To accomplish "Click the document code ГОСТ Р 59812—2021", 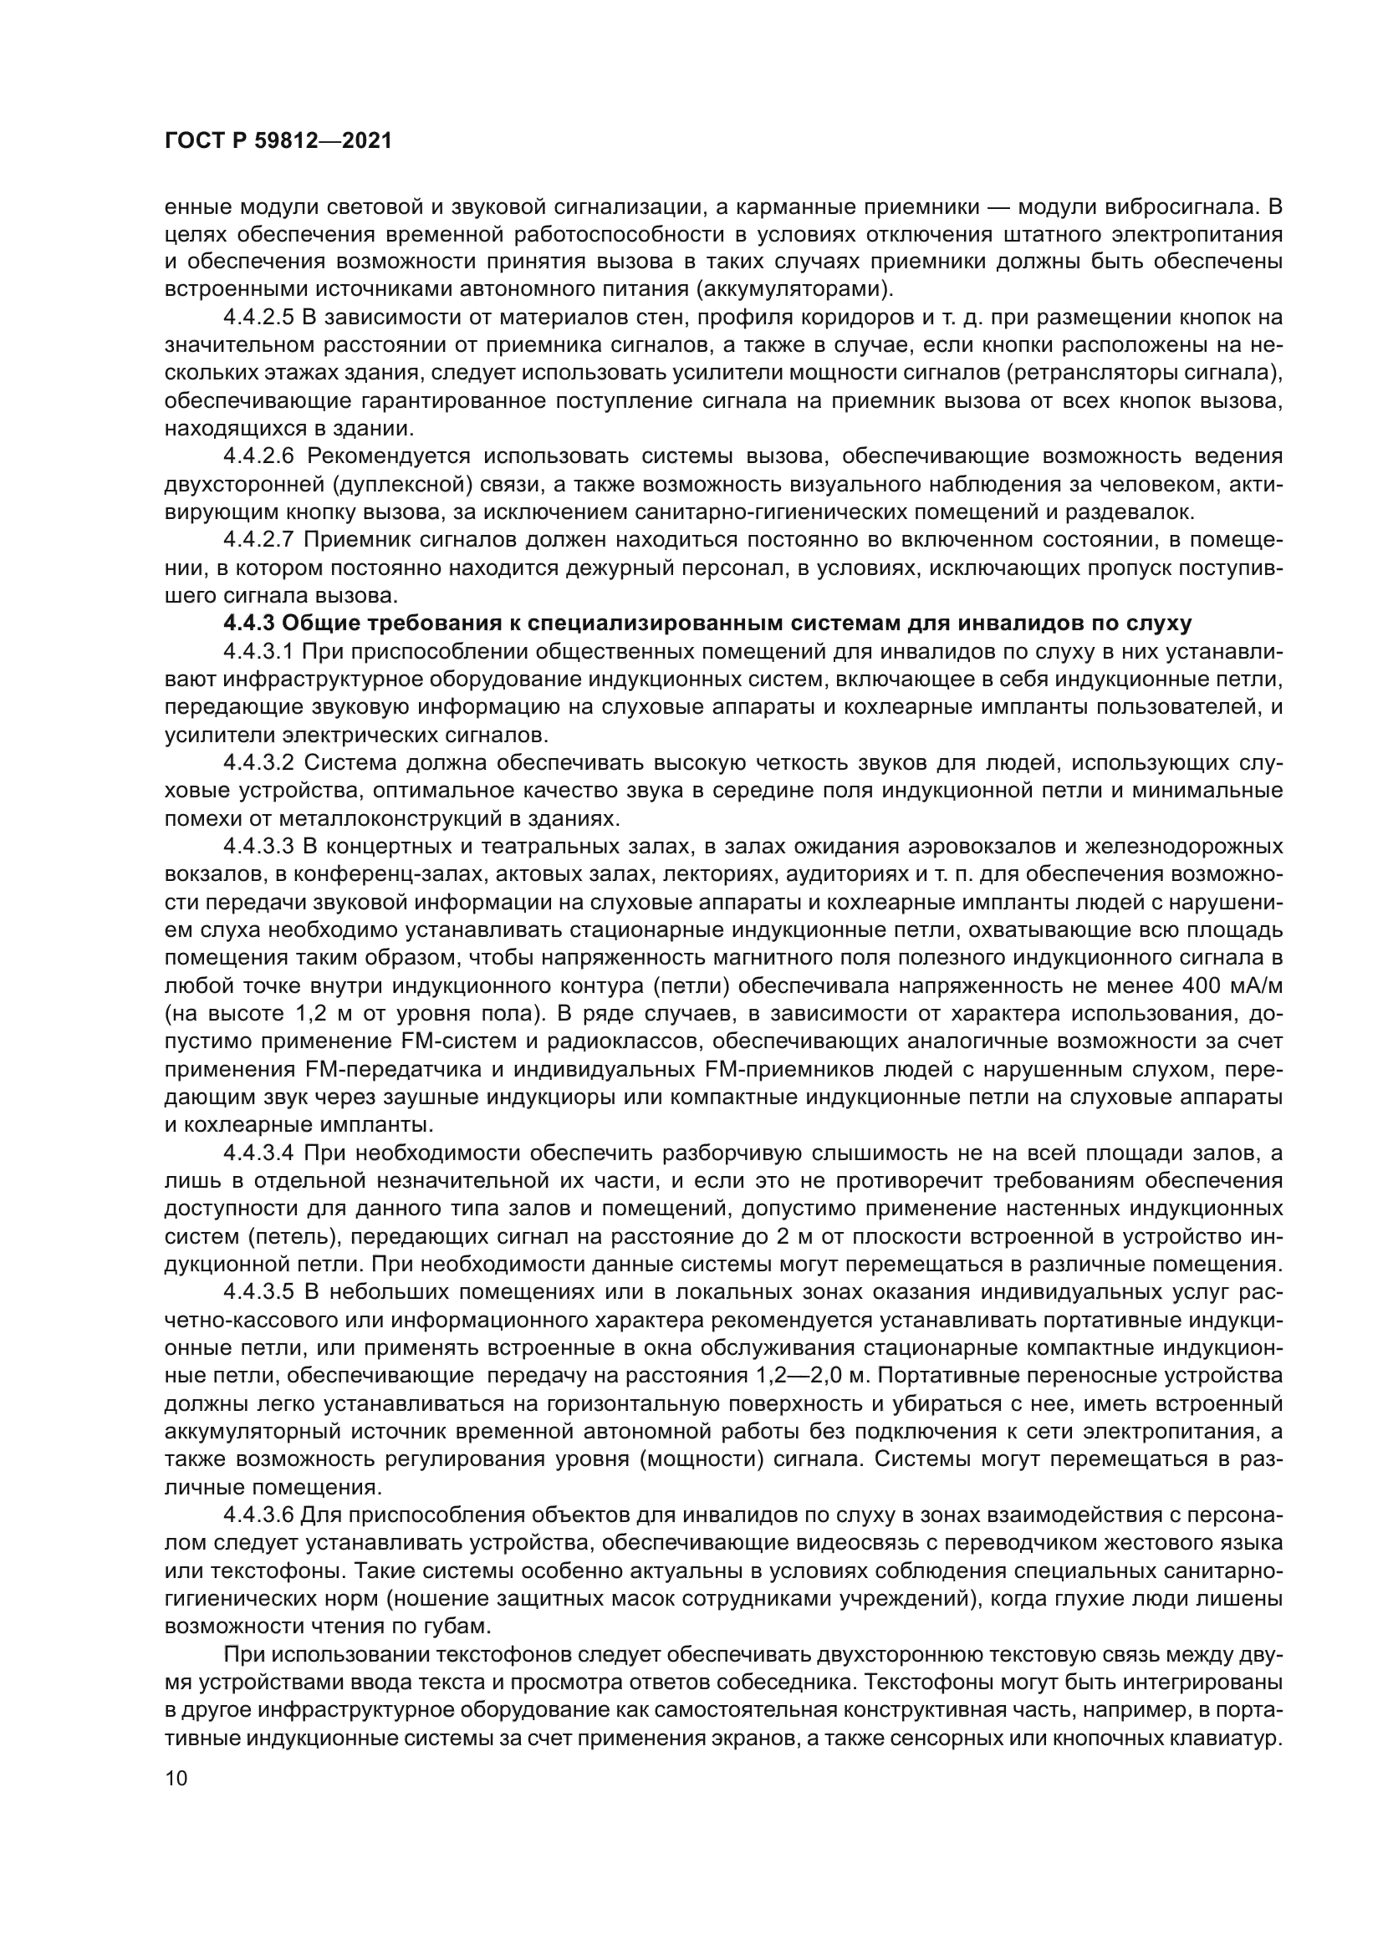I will click(x=278, y=141).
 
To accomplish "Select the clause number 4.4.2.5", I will click(x=258, y=318).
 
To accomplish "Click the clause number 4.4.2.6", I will click(x=258, y=456).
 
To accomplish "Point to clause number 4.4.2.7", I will click(x=258, y=540).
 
